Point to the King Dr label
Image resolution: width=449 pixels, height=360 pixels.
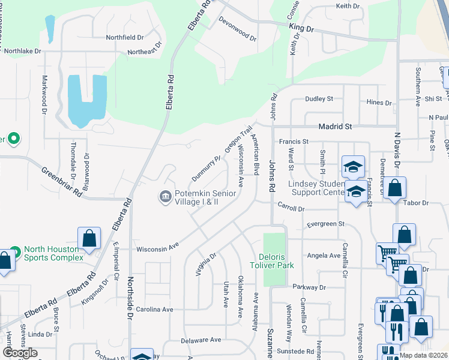coord(301,28)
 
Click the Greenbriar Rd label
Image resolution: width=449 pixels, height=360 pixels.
coord(62,182)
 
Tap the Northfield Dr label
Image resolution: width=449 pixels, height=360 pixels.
coord(124,37)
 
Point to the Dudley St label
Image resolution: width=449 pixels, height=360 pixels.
coord(319,99)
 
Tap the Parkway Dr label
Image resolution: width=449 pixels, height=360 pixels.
coord(308,287)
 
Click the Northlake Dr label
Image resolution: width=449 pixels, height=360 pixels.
coord(23,52)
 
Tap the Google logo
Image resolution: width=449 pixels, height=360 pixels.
coord(20,353)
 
